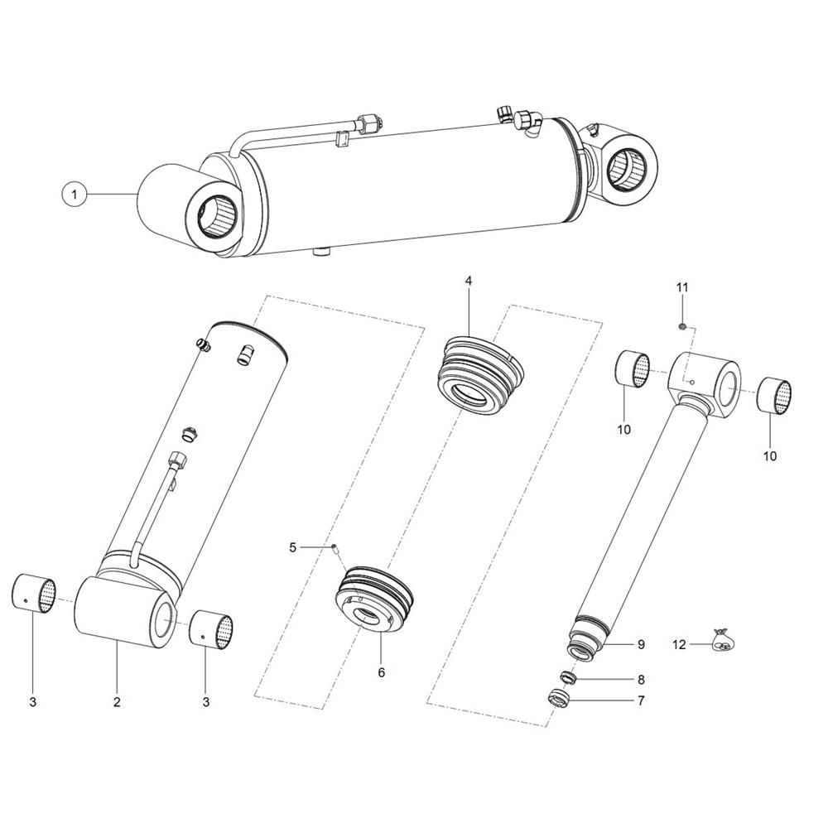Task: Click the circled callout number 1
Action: click(74, 195)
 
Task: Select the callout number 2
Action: click(117, 701)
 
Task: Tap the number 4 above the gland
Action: click(469, 281)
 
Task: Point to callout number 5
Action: click(293, 547)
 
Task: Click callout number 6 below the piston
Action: click(381, 672)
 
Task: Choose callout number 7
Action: click(641, 700)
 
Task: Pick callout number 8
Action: click(641, 680)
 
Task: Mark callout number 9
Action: click(641, 644)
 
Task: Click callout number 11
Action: click(682, 288)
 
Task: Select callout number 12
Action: click(680, 644)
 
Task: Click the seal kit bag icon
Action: click(722, 639)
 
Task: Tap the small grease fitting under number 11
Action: click(681, 327)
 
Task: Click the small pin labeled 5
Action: click(335, 549)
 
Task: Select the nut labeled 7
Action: click(559, 699)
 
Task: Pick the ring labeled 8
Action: click(568, 676)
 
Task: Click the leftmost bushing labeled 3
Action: click(34, 594)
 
